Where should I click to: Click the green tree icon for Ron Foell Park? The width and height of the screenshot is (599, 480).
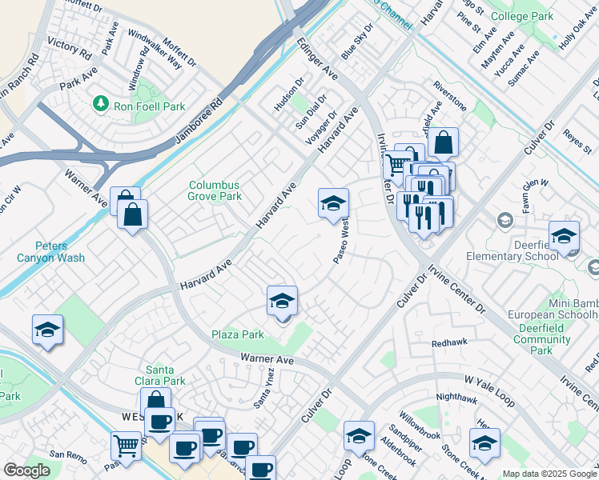pyautogui.click(x=100, y=103)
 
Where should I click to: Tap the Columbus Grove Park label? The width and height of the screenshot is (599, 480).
pyautogui.click(x=214, y=190)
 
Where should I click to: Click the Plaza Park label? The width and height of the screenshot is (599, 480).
pyautogui.click(x=237, y=334)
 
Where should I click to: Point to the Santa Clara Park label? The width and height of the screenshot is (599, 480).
pyautogui.click(x=166, y=375)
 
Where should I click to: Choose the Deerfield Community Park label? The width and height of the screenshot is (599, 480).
pyautogui.click(x=542, y=339)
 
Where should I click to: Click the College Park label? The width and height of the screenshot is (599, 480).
pyautogui.click(x=544, y=16)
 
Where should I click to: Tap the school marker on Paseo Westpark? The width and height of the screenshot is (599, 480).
pyautogui.click(x=333, y=204)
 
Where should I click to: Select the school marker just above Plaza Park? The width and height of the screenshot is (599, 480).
pyautogui.click(x=282, y=302)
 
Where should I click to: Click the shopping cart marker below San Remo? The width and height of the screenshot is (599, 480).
pyautogui.click(x=126, y=445)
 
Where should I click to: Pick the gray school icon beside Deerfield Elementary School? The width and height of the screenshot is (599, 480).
pyautogui.click(x=505, y=220)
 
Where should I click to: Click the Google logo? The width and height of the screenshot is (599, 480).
pyautogui.click(x=26, y=470)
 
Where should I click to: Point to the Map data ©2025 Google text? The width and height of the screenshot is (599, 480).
pyautogui.click(x=549, y=474)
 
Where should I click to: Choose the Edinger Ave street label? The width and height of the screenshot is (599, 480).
pyautogui.click(x=317, y=60)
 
